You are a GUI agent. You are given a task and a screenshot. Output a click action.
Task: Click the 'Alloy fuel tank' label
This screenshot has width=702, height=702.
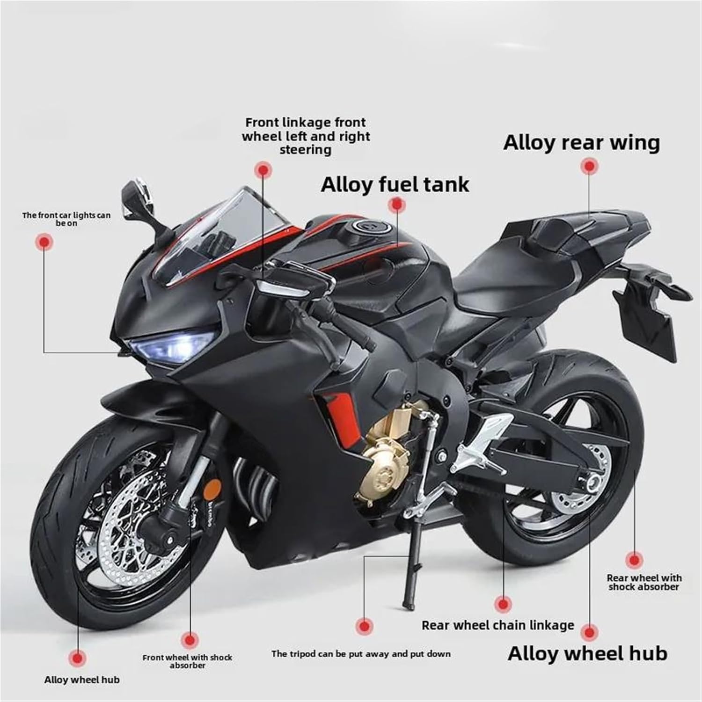395,184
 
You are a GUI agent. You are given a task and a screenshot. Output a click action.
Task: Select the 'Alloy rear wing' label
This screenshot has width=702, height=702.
581,142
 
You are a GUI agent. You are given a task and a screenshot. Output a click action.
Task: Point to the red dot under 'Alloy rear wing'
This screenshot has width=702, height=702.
589,166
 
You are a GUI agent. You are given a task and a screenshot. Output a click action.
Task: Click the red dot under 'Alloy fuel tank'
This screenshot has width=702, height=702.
396,205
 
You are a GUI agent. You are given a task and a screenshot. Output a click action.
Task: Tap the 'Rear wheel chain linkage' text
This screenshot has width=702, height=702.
497,625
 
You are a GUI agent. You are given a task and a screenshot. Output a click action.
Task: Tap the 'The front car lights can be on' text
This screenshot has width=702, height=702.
66,219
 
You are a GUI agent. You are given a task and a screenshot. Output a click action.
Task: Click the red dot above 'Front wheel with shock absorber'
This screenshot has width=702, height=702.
189,639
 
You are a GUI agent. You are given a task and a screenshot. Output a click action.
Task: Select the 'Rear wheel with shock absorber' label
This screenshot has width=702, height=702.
644,582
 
